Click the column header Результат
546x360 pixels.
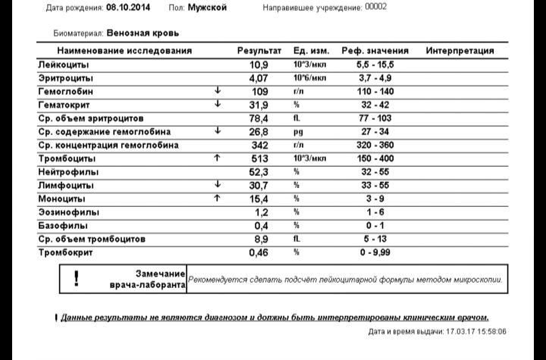click(x=259, y=51)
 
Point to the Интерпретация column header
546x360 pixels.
click(x=460, y=51)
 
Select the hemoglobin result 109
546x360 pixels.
click(x=259, y=91)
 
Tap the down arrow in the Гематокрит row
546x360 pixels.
click(x=218, y=104)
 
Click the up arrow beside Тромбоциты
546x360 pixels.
click(x=218, y=158)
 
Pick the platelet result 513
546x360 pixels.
click(x=259, y=158)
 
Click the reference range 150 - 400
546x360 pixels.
click(x=375, y=158)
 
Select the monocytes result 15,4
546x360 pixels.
click(x=259, y=199)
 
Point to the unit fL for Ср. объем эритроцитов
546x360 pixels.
click(x=297, y=118)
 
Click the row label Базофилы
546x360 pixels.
click(x=62, y=226)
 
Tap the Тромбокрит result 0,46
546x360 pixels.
click(x=259, y=252)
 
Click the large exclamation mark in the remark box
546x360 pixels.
click(x=77, y=277)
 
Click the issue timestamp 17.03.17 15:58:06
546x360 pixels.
click(x=469, y=332)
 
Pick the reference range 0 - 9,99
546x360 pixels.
click(x=375, y=252)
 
